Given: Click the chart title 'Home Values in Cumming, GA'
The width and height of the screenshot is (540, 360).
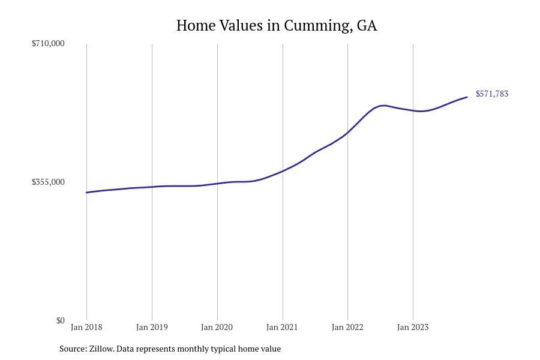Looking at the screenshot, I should pyautogui.click(x=277, y=26).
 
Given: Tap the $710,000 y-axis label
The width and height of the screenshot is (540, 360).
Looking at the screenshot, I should pyautogui.click(x=48, y=43).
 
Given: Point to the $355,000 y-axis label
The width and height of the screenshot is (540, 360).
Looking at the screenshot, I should pyautogui.click(x=48, y=182).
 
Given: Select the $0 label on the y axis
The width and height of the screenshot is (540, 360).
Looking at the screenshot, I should pyautogui.click(x=60, y=320).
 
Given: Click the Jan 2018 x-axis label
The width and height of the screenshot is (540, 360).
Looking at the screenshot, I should pyautogui.click(x=86, y=328).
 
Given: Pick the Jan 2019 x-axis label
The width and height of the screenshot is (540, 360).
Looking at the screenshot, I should pyautogui.click(x=152, y=328).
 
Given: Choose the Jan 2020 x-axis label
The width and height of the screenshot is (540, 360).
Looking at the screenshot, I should pyautogui.click(x=217, y=328).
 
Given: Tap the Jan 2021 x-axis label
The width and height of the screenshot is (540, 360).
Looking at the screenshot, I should pyautogui.click(x=282, y=328).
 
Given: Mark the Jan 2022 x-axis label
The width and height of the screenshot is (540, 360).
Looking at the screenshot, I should pyautogui.click(x=347, y=328).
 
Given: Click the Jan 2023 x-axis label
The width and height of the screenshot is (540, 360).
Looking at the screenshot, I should pyautogui.click(x=413, y=328).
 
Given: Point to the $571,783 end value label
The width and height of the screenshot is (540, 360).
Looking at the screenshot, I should pyautogui.click(x=492, y=94).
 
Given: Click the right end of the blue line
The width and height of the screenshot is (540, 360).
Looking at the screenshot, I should pyautogui.click(x=467, y=97).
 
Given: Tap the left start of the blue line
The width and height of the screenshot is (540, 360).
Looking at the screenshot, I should pyautogui.click(x=87, y=193).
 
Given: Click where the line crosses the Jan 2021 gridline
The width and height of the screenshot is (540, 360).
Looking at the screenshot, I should pyautogui.click(x=283, y=170).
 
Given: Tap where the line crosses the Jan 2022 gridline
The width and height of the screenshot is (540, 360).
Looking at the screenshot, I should pyautogui.click(x=347, y=132).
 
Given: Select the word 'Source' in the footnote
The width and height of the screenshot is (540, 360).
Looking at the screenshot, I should pyautogui.click(x=72, y=349).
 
